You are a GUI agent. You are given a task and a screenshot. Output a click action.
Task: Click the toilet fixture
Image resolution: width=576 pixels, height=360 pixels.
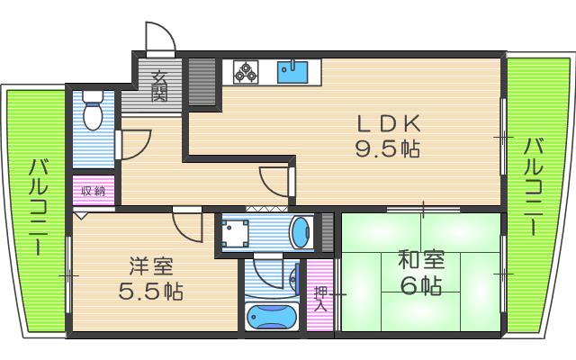(x=93, y=110)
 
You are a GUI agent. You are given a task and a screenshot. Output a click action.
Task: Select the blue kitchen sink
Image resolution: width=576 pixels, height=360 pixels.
(x=292, y=72)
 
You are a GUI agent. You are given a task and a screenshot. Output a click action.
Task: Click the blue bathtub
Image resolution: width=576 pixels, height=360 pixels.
(x=272, y=316)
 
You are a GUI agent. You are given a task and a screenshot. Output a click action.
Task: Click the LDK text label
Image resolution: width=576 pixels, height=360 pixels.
(x=389, y=124)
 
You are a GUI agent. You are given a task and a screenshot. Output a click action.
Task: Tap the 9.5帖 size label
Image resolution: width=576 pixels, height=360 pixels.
(x=387, y=149)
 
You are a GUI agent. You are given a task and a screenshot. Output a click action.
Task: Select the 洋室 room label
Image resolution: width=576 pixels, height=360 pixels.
(x=151, y=266)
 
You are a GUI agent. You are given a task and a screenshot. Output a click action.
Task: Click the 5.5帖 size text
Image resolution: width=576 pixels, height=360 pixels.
(x=150, y=292)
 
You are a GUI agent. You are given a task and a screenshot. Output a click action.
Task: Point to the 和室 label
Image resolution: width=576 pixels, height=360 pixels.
(x=422, y=259)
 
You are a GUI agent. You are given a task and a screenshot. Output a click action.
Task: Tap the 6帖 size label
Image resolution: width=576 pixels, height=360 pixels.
(x=421, y=285)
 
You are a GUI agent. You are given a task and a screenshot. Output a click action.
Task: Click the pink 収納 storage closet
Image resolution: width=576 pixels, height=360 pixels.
(x=94, y=190)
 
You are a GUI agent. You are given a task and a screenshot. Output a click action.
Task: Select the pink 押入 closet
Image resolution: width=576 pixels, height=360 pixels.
(x=320, y=295)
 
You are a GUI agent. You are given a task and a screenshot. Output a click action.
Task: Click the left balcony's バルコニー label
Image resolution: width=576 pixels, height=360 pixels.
(x=38, y=207)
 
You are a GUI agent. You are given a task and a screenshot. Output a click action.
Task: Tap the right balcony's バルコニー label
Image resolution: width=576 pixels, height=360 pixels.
(x=533, y=186)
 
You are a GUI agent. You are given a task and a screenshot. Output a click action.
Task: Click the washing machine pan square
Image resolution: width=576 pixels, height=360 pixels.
(x=234, y=234)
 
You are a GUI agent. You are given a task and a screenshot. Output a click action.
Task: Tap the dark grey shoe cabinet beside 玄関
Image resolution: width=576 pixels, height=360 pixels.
(x=202, y=82)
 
